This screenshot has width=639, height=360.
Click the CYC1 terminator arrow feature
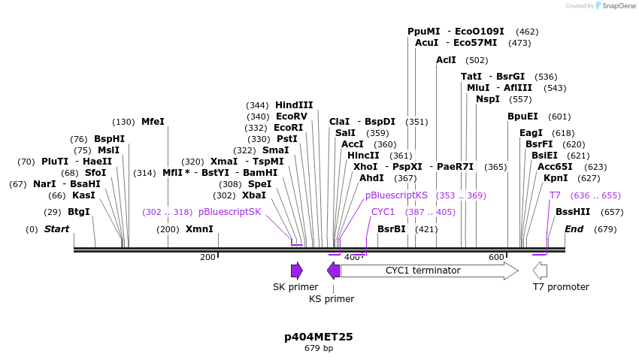point(429,271)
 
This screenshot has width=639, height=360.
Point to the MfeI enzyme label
point(153,122)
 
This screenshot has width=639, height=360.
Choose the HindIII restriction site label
point(294,105)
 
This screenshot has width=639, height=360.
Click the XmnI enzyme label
point(199,229)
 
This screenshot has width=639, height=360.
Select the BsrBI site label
point(392,229)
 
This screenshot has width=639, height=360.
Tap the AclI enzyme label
point(446,60)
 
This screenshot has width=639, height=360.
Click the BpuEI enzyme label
point(522,116)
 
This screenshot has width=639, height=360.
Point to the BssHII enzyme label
point(573,212)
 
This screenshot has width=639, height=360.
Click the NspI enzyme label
point(488,99)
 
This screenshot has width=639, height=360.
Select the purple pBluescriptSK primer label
point(229,212)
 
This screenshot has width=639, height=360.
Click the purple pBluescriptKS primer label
point(396,195)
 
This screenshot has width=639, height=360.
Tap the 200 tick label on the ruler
point(207,257)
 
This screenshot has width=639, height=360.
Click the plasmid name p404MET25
point(318,337)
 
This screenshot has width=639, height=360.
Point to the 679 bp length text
point(318,349)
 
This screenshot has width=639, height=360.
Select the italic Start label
point(56,229)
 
